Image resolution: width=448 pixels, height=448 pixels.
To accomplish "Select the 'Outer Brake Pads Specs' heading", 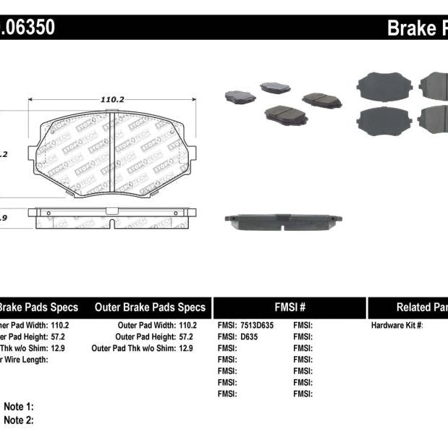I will [150, 308].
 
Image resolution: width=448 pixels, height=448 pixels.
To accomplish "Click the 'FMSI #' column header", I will [289, 308].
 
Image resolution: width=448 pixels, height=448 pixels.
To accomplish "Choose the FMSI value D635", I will [247, 337].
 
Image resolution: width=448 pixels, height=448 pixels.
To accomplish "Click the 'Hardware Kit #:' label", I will [397, 326].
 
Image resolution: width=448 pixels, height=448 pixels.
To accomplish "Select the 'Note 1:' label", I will [19, 407].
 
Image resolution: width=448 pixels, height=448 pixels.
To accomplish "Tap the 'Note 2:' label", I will [19, 420].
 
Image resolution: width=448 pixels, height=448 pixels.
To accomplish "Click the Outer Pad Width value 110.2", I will [187, 326].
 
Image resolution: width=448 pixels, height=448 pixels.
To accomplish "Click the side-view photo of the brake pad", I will [283, 220].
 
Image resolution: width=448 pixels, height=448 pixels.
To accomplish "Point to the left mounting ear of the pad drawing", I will [33, 154].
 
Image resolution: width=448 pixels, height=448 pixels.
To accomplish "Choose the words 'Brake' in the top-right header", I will [410, 28].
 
